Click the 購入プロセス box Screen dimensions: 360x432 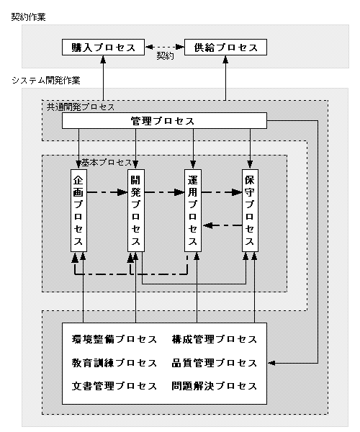[x=103, y=47]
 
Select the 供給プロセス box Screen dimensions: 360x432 [x=225, y=47]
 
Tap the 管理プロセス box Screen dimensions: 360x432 [x=164, y=121]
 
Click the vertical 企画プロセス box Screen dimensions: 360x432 [x=78, y=210]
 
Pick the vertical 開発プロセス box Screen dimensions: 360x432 [x=136, y=210]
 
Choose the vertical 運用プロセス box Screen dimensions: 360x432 [x=193, y=210]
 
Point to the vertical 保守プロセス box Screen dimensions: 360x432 [x=250, y=210]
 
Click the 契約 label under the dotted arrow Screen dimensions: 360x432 [x=165, y=56]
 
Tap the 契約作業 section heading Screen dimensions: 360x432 [x=28, y=17]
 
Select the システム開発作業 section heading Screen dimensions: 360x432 [x=46, y=81]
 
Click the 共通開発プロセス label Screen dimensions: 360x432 [x=81, y=107]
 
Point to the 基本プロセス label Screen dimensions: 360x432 [x=107, y=163]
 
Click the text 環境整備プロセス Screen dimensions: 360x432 [x=114, y=339]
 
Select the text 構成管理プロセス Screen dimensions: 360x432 [x=215, y=339]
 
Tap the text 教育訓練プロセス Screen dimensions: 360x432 [x=114, y=363]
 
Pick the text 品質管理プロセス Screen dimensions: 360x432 [x=215, y=363]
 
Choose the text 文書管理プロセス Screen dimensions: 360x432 [x=114, y=386]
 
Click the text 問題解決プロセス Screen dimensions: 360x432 [x=215, y=386]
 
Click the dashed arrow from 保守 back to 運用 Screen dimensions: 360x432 [x=222, y=225]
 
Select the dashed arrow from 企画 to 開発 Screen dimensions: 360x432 [x=107, y=192]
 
